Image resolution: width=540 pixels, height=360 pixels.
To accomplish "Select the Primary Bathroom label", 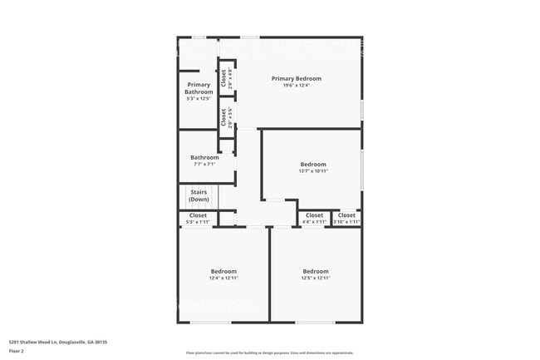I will click(x=199, y=88).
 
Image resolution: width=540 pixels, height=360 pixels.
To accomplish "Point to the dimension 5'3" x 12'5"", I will click(x=199, y=99).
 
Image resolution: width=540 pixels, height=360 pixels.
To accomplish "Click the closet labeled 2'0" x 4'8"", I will click(x=224, y=77).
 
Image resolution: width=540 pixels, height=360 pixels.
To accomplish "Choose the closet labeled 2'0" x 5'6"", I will click(x=224, y=117).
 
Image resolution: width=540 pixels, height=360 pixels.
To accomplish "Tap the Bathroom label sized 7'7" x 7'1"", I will click(x=204, y=157).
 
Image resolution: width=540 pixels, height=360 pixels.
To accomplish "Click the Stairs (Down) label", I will click(x=199, y=196).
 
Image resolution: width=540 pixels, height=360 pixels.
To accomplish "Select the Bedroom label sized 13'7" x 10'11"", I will click(x=313, y=164).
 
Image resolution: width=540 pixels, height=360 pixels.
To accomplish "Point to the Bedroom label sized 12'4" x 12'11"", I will click(x=223, y=271).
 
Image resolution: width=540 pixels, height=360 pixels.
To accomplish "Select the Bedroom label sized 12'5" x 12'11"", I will click(x=316, y=271).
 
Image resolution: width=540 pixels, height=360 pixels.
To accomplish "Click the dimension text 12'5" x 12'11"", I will click(x=316, y=278).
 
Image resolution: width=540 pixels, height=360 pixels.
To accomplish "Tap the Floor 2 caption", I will click(x=17, y=352).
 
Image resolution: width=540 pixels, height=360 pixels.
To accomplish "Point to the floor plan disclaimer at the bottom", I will click(x=269, y=353).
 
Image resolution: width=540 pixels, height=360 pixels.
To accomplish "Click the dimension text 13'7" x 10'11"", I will click(x=313, y=171).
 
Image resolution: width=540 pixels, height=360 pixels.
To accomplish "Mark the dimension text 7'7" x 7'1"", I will click(x=204, y=164).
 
